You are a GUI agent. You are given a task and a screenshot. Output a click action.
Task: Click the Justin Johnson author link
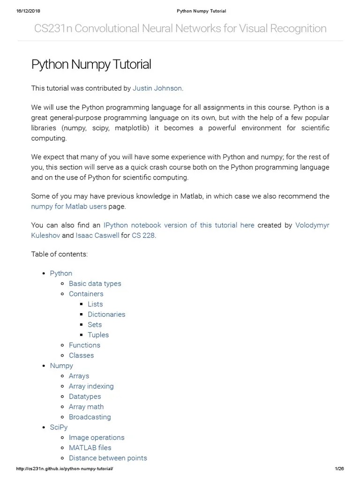(157, 88)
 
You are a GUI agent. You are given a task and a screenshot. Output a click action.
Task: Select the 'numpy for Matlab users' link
(69, 206)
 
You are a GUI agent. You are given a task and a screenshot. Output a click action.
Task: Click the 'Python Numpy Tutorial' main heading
(91, 64)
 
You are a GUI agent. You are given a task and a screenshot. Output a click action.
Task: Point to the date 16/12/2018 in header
(28, 11)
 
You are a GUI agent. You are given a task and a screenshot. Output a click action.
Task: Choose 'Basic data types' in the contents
(95, 284)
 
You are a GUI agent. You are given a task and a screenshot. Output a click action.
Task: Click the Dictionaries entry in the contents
(106, 315)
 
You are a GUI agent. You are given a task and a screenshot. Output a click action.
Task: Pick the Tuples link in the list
(98, 335)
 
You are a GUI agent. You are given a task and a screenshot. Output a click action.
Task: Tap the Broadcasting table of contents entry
(90, 417)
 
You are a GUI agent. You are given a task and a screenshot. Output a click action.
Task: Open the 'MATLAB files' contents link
(90, 448)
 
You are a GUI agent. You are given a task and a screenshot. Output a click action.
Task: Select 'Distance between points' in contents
(108, 458)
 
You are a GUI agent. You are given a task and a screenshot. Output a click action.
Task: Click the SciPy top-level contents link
(59, 427)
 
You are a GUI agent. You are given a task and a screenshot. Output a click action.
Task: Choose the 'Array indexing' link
(91, 386)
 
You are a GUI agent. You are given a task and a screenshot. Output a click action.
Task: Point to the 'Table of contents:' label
(60, 254)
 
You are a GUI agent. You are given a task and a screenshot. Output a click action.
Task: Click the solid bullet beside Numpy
(44, 366)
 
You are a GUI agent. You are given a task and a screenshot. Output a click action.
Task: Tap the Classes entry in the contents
(81, 355)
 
